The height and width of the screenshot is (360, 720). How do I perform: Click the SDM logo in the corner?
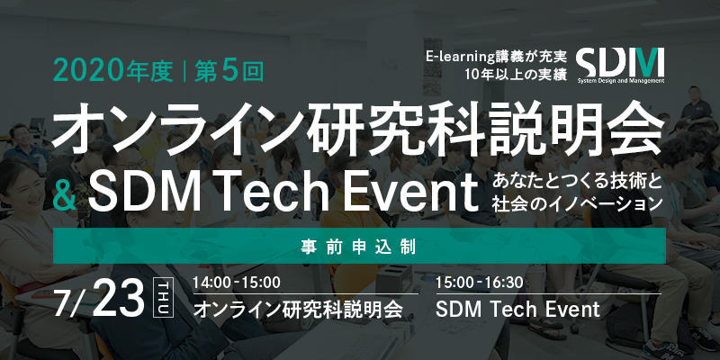(x=620, y=65)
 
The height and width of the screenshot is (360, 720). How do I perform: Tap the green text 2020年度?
(x=113, y=72)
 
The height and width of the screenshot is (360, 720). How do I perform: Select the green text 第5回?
(x=229, y=72)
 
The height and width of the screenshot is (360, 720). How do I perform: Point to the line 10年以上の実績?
(x=516, y=74)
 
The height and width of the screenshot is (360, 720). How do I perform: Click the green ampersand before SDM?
(x=66, y=195)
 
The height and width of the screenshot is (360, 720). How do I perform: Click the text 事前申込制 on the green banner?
(x=359, y=246)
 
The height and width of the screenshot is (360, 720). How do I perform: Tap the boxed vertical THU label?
(x=165, y=297)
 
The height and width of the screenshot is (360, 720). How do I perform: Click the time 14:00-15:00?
(x=237, y=283)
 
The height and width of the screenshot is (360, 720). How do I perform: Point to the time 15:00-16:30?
(x=480, y=283)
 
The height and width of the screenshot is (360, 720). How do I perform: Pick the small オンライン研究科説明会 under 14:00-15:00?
(x=298, y=310)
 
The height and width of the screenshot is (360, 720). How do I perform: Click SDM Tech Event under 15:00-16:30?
(x=517, y=310)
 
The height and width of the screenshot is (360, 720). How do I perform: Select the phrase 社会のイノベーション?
(x=577, y=204)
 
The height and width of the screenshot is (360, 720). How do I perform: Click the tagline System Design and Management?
(x=621, y=81)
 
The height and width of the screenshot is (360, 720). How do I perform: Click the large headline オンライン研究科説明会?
(x=357, y=130)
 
